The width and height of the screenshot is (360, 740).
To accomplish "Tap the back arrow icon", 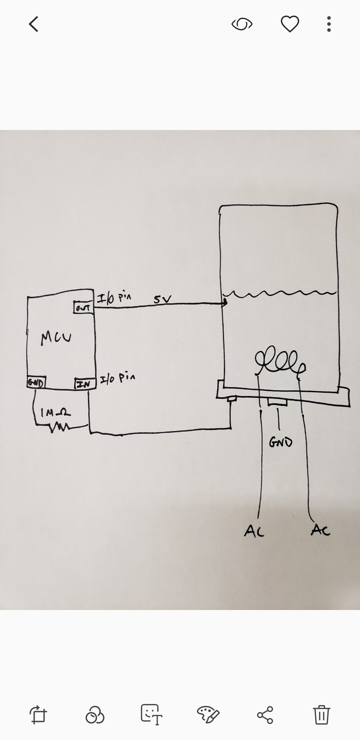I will pos(34,24).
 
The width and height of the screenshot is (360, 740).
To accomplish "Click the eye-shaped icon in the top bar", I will pos(242,24).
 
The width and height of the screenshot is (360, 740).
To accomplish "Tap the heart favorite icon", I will pos(290,24).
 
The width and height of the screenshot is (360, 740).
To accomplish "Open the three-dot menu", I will pos(329,24).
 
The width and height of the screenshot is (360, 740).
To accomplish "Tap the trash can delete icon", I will pos(321,715).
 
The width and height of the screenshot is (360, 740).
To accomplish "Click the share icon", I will pos(265,715).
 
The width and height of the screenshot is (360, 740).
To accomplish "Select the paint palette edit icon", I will pos(208,715).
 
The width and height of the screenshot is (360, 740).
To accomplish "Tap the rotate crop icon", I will pos(38,715).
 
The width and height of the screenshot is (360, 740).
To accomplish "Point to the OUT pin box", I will pos(83,308).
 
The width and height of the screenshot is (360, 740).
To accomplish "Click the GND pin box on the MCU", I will pos(36,382).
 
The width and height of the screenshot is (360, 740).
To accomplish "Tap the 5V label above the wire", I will pos(162,299).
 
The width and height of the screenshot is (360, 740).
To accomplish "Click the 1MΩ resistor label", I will pos(55,413).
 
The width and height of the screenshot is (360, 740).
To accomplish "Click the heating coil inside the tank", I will pos(280,361).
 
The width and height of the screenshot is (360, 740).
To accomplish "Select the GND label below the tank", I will pos(281,442).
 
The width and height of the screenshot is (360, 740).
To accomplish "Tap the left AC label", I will pos(254,531).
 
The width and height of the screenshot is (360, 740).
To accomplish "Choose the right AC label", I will pos(321,530).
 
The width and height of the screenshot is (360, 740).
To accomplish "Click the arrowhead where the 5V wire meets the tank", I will pos(225,303).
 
